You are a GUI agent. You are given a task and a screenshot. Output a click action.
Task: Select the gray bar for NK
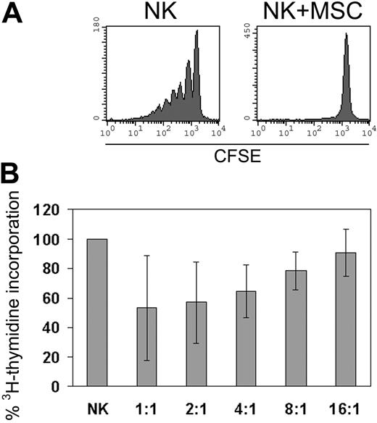coord(96,312)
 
